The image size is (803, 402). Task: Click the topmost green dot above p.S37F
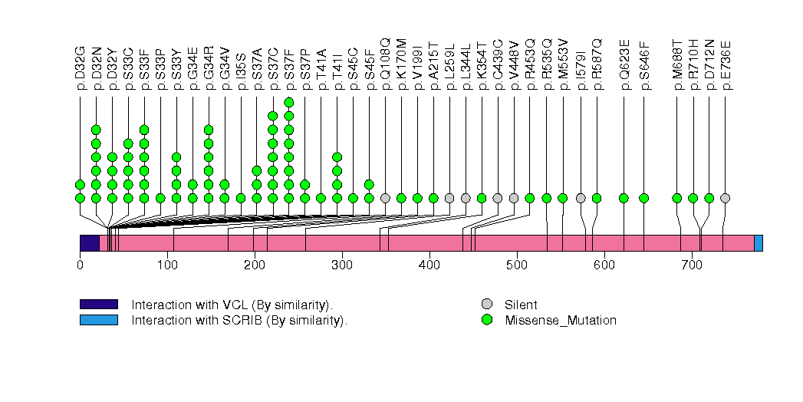click(289, 102)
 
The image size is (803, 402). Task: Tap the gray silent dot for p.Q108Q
click(386, 198)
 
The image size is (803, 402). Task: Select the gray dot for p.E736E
click(726, 198)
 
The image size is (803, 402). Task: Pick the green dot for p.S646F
click(644, 198)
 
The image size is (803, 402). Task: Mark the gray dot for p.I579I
click(581, 198)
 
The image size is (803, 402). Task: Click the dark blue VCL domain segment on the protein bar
click(90, 243)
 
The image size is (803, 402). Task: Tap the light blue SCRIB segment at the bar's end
click(759, 243)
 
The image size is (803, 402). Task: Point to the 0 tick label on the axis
click(80, 265)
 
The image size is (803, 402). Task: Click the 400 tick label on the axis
click(429, 265)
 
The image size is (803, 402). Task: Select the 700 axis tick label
click(692, 265)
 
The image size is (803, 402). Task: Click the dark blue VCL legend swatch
click(99, 304)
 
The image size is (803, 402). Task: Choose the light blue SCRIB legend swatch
click(99, 320)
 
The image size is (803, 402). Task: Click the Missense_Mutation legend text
click(560, 321)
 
